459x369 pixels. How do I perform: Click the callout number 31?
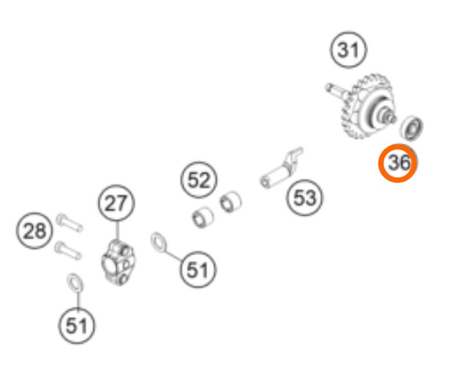point(348,49)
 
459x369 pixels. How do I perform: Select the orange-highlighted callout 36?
point(398,163)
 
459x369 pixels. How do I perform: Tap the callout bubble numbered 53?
point(304,198)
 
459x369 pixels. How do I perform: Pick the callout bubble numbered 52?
point(199,180)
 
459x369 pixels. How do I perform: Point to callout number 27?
point(116,203)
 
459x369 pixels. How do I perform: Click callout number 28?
point(35,231)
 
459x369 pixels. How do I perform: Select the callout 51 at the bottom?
point(77,326)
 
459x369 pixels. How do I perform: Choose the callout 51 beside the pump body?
point(198,269)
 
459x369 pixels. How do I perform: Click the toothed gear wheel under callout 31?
point(367,107)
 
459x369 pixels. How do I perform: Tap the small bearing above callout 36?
point(411,128)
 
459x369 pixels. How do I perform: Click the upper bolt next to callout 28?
point(69,222)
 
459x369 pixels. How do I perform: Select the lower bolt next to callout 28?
point(68,250)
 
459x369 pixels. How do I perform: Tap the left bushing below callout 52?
point(202,217)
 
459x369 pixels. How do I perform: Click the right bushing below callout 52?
point(231,202)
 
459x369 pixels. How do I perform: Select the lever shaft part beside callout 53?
point(282,169)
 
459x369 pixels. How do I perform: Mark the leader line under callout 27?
point(117,231)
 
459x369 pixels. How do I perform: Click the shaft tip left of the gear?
point(330,87)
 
